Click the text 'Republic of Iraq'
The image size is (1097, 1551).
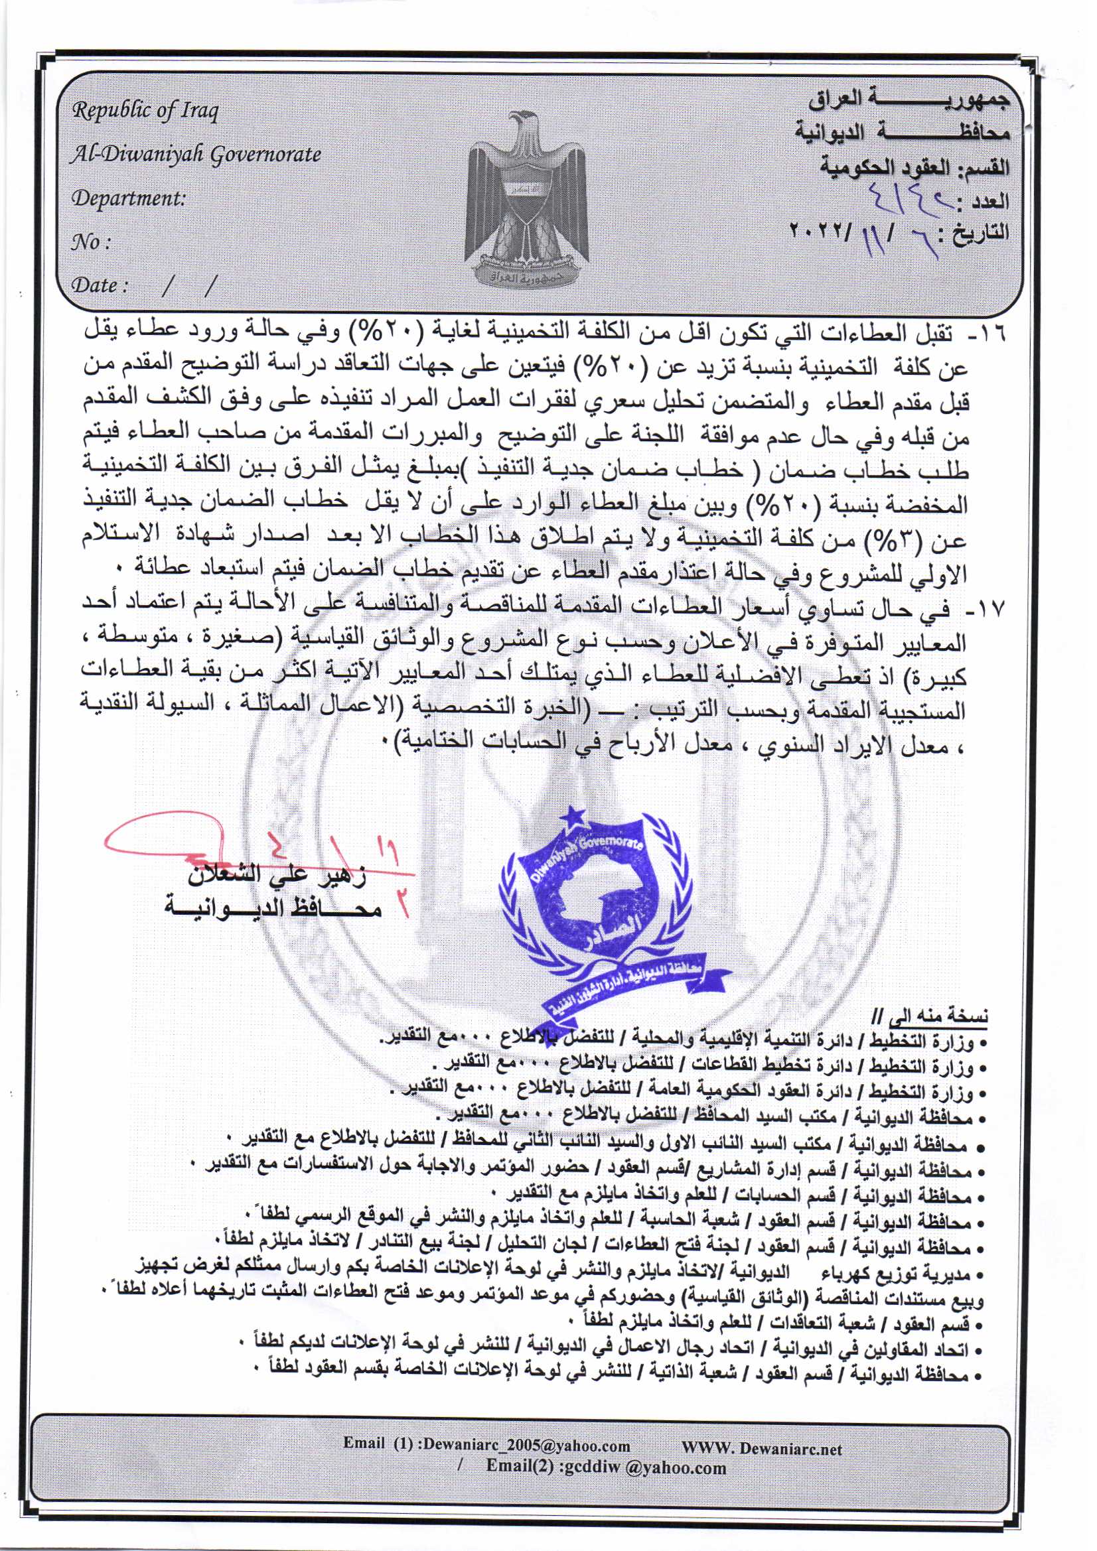pyautogui.click(x=145, y=110)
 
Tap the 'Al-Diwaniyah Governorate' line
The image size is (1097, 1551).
pyautogui.click(x=196, y=155)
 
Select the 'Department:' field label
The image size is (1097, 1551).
pyautogui.click(x=129, y=198)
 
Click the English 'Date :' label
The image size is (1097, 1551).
pyautogui.click(x=100, y=285)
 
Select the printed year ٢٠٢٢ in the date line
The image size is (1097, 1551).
pyautogui.click(x=818, y=232)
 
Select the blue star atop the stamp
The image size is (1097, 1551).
pyautogui.click(x=576, y=816)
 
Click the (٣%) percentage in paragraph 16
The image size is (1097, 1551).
pyautogui.click(x=936, y=541)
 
